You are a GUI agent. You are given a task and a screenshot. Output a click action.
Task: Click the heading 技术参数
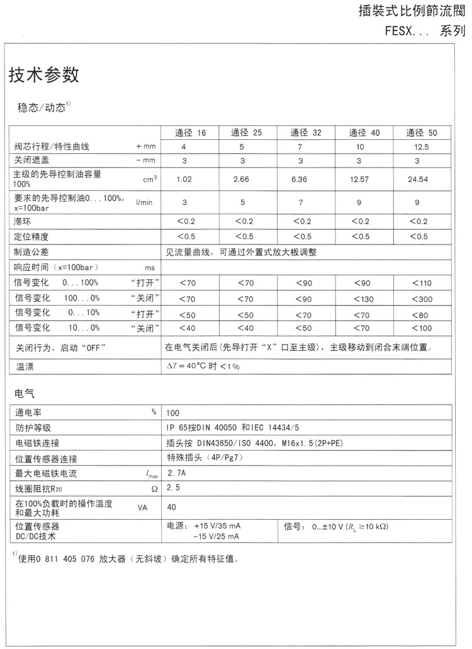pos(44,76)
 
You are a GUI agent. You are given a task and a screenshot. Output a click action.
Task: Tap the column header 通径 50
pos(421,133)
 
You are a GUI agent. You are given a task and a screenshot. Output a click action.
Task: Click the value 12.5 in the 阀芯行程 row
pos(421,147)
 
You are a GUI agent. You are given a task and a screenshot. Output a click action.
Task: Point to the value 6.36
pos(300,180)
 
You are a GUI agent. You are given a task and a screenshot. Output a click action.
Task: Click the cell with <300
pos(421,298)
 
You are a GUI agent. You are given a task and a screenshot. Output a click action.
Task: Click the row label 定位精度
pos(31,237)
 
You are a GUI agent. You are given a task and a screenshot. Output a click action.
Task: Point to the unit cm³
pos(150,180)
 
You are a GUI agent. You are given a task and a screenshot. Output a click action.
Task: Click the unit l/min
pos(145,202)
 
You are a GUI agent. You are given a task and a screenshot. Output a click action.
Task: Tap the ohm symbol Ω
pos(154,489)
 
